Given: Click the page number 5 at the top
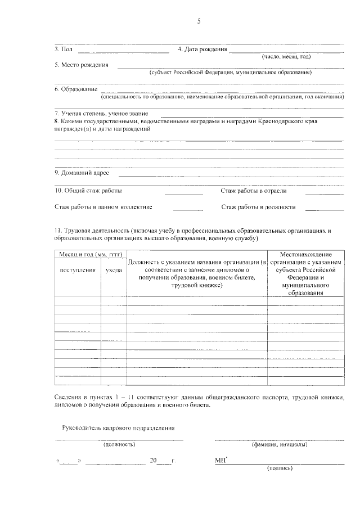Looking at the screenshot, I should pyautogui.click(x=198, y=21).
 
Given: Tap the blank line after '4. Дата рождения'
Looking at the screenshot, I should pyautogui.click(x=287, y=51).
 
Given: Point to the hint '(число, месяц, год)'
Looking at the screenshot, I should pyautogui.click(x=286, y=57).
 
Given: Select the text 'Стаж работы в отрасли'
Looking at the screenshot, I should pyautogui.click(x=254, y=191).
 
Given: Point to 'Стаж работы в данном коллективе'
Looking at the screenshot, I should pyautogui.click(x=103, y=207).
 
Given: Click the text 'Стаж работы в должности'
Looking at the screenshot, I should pyautogui.click(x=258, y=207).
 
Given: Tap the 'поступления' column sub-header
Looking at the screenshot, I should pyautogui.click(x=78, y=271).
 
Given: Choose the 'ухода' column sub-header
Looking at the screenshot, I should pyautogui.click(x=114, y=271).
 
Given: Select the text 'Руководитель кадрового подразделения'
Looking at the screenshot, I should pyautogui.click(x=117, y=428).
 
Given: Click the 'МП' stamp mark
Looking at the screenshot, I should pyautogui.click(x=220, y=461).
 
